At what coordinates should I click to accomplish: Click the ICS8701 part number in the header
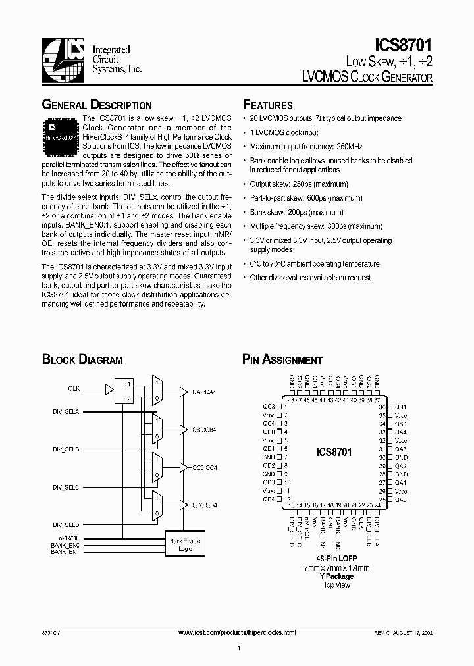click(x=403, y=47)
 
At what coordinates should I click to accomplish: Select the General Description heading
click(x=97, y=105)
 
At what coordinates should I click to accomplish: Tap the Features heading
click(x=268, y=105)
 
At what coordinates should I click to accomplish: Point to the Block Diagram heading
click(x=82, y=359)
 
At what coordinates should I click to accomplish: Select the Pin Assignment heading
click(x=282, y=359)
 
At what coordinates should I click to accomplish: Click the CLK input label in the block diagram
click(x=74, y=388)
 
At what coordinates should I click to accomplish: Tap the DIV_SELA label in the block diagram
click(x=66, y=411)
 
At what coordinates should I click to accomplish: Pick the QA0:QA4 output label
click(x=204, y=392)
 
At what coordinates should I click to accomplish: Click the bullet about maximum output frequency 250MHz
click(x=306, y=147)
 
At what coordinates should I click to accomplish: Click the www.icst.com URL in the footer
click(x=237, y=632)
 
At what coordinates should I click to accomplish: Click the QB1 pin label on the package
click(x=401, y=407)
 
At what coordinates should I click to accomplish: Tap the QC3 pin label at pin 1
click(x=268, y=407)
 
